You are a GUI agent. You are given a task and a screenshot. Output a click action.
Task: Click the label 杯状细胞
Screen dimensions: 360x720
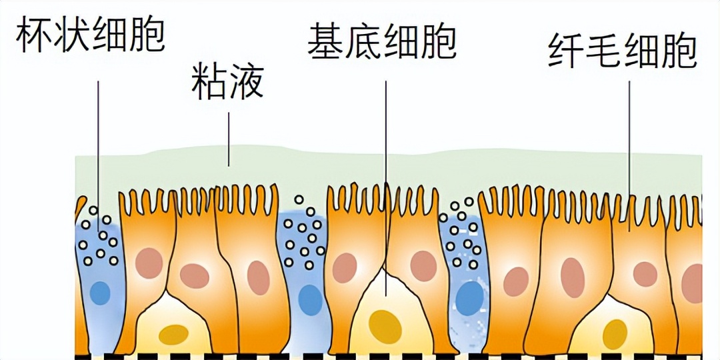[90, 37]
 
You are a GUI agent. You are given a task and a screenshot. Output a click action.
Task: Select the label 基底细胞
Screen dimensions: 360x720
[382, 41]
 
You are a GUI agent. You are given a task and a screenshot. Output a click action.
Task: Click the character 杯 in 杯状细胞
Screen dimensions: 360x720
[34, 37]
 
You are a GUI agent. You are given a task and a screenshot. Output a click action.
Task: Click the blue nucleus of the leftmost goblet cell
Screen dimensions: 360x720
[100, 293]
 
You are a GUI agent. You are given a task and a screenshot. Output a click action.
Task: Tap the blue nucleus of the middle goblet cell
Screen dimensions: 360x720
[310, 299]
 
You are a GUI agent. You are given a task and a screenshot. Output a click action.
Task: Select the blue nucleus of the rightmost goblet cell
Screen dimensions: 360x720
[470, 298]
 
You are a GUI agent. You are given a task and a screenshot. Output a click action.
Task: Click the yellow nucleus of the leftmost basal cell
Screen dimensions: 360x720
[173, 334]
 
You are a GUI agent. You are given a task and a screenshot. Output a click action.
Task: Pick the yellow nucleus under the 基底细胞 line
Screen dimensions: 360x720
[385, 326]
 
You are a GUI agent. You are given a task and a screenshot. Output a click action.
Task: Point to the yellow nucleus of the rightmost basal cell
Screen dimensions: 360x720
[615, 334]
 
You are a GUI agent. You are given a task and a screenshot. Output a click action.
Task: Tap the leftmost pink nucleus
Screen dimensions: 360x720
[149, 263]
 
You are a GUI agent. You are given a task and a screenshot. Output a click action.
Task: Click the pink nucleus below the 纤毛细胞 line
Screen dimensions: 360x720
[645, 274]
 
